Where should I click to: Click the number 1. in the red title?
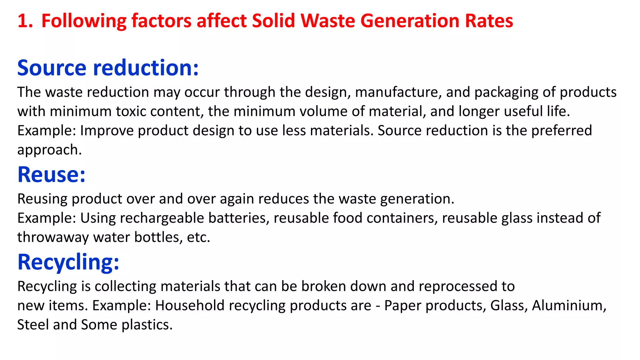pyautogui.click(x=25, y=21)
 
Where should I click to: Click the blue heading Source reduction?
pyautogui.click(x=108, y=68)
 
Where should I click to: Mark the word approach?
pyautogui.click(x=49, y=150)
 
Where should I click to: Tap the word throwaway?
pyautogui.click(x=53, y=237)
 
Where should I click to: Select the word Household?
pyautogui.click(x=190, y=306)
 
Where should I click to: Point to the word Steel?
pyautogui.click(x=33, y=325)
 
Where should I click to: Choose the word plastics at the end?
pyautogui.click(x=147, y=325)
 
